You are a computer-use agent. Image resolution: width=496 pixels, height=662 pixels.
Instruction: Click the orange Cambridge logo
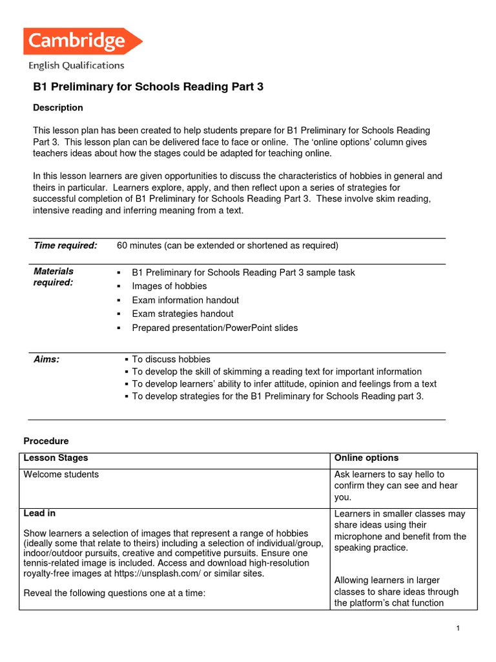tap(82, 41)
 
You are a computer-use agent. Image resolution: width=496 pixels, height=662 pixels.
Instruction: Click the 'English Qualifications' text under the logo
tap(76, 65)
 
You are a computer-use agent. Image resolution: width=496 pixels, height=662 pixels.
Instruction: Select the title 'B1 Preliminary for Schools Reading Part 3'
tap(148, 87)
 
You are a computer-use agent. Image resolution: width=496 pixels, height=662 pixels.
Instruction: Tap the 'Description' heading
tap(58, 107)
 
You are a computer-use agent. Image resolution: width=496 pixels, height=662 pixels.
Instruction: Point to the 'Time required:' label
tap(65, 246)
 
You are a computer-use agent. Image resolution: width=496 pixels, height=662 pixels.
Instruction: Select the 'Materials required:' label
tap(54, 277)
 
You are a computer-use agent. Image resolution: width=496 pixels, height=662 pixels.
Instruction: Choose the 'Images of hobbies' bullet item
tap(169, 286)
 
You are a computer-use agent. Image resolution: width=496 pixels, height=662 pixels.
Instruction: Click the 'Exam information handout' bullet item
tap(185, 300)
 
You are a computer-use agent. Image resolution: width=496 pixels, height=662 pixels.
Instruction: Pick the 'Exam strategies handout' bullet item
tap(183, 314)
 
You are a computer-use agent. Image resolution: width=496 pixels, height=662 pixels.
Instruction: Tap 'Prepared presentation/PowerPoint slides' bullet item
tap(215, 328)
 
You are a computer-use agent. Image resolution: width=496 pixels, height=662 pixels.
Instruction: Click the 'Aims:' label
tap(46, 359)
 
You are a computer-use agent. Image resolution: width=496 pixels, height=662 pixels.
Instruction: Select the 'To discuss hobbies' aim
tap(171, 359)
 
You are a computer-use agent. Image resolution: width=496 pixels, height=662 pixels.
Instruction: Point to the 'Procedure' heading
tap(46, 441)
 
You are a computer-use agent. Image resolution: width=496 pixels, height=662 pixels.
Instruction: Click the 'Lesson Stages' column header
tap(56, 458)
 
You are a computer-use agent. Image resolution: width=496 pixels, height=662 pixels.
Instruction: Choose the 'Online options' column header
tap(366, 458)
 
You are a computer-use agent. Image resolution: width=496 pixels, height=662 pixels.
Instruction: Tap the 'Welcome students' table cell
tap(61, 475)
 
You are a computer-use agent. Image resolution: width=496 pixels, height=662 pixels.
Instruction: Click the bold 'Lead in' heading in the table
tap(39, 513)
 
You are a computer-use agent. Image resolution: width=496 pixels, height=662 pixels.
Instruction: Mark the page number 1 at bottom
tap(457, 629)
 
